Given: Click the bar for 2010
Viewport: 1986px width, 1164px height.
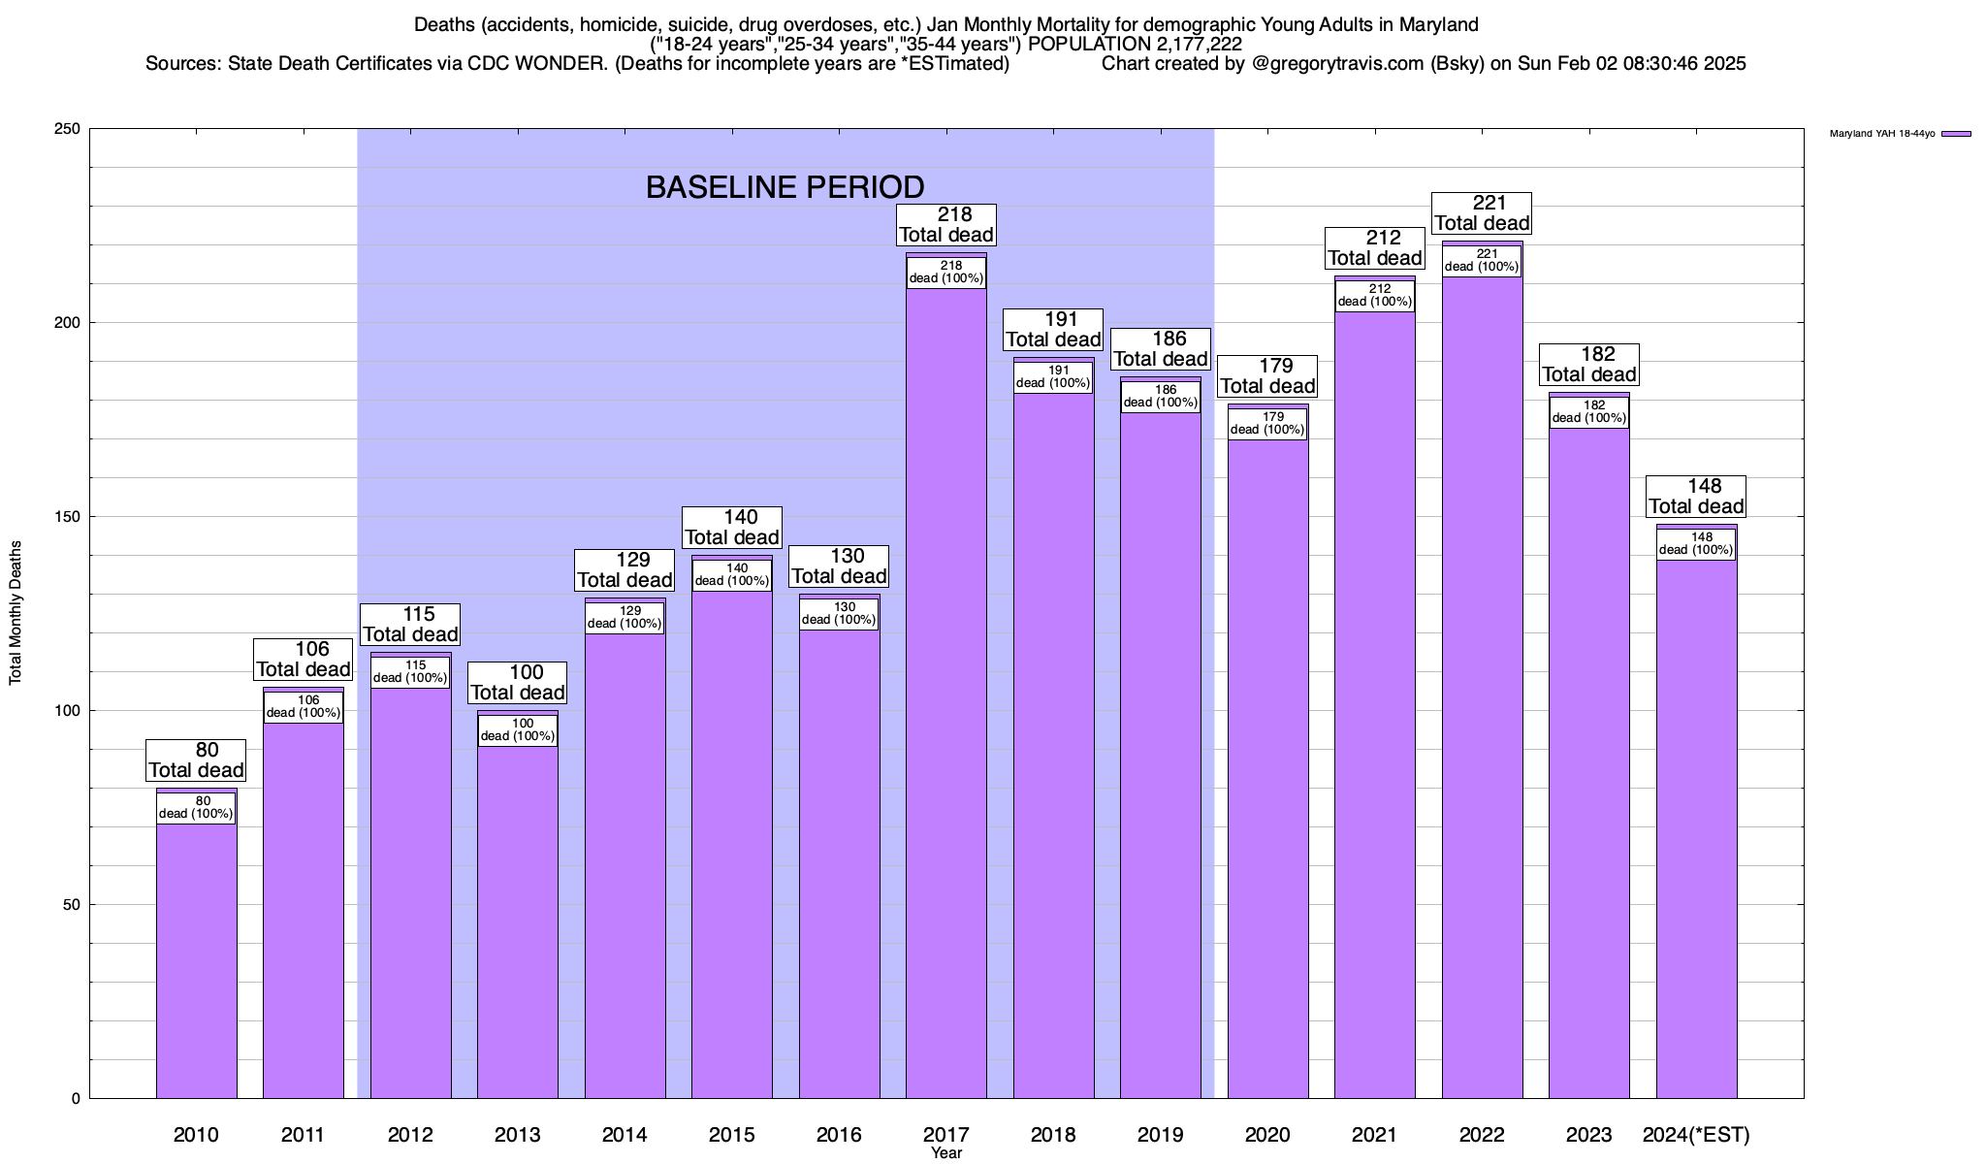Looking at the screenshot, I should pos(197,960).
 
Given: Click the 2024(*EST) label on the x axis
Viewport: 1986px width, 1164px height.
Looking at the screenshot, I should pos(1696,1135).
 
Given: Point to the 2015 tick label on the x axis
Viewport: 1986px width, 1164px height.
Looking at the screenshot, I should pos(732,1135).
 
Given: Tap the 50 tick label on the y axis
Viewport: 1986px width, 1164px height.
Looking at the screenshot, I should pos(72,905).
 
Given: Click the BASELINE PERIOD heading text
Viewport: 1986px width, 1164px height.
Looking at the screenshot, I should pos(785,187).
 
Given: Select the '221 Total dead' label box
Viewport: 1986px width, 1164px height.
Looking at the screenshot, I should pos(1482,213).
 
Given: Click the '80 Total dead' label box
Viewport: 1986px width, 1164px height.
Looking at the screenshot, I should pos(197,760).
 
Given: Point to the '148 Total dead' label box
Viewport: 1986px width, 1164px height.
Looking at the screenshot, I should pos(1696,497).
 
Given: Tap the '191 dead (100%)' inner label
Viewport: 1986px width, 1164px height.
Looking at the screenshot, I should pos(1053,376).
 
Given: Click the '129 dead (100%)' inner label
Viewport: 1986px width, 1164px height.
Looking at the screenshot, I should pos(625,617).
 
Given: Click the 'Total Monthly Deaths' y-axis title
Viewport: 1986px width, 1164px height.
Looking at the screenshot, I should pos(16,613).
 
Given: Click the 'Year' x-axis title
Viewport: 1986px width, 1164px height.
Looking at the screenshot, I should pos(945,1153).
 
